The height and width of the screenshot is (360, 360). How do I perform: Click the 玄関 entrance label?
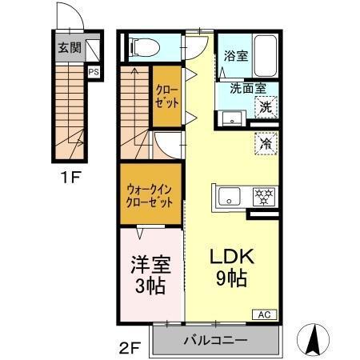click(69, 47)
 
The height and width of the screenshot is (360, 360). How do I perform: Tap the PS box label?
click(94, 72)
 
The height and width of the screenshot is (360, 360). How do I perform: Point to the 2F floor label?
click(130, 347)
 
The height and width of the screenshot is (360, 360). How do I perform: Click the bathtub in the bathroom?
click(264, 55)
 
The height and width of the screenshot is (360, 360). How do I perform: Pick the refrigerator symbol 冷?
click(265, 145)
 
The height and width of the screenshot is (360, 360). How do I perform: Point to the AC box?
click(263, 314)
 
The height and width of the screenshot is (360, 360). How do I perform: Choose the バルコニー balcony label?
click(215, 339)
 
